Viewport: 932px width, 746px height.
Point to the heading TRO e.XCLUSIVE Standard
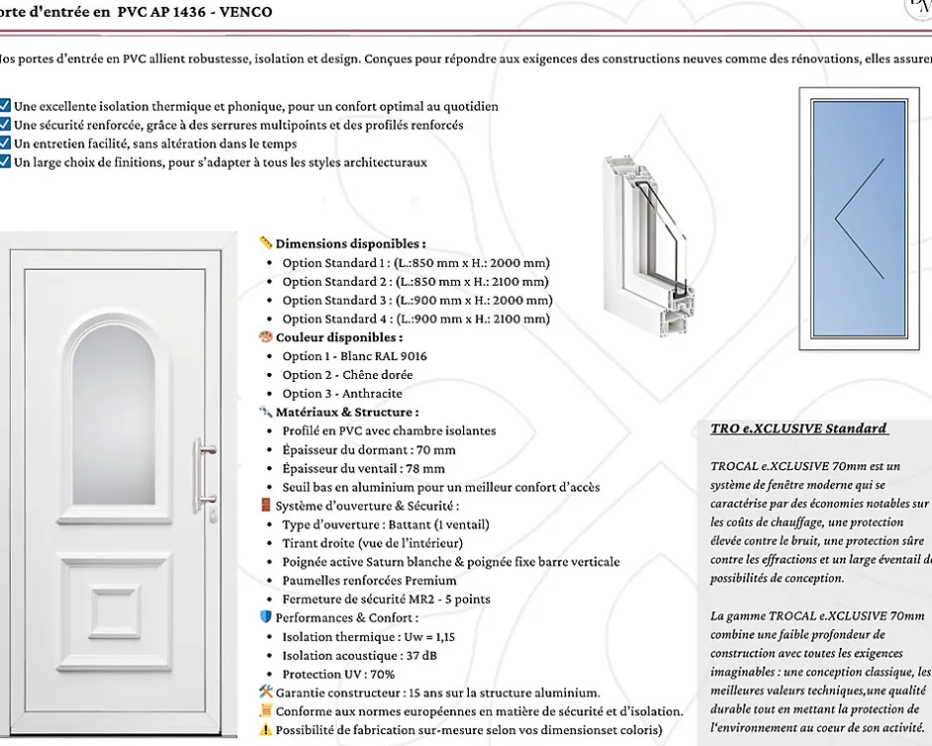point(799,429)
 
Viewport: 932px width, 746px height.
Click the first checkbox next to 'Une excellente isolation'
point(5,106)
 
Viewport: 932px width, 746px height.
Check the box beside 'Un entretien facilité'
point(5,144)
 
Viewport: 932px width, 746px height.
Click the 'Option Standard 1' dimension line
point(415,263)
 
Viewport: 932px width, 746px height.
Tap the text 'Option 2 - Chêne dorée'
point(347,375)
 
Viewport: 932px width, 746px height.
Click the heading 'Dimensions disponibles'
point(350,243)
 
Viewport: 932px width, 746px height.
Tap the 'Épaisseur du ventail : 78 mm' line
point(363,468)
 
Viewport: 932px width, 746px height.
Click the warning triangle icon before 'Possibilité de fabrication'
point(265,730)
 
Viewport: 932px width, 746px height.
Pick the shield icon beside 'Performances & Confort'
point(265,617)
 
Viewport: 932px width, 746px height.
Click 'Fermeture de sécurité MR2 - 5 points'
point(386,599)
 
